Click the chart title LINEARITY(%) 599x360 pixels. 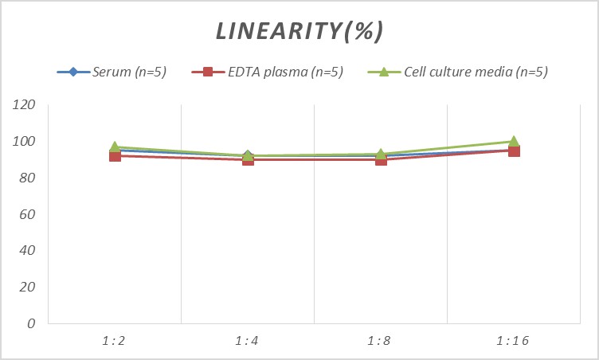pos(299,31)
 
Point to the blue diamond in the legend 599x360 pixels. pos(73,72)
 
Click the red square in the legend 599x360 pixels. pos(208,72)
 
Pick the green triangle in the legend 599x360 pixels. pos(382,72)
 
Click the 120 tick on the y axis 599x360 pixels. pos(25,105)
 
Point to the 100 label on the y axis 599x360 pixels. pos(25,142)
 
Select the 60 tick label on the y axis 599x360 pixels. pos(29,214)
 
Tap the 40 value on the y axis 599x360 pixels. pos(29,251)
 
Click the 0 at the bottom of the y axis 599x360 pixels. pos(32,323)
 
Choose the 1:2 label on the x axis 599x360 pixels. pos(115,341)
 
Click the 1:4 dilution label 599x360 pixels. pos(248,341)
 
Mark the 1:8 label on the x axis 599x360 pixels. pos(381,341)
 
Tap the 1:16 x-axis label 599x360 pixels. pos(514,341)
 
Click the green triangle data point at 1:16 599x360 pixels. pos(514,142)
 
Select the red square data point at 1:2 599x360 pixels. pos(115,156)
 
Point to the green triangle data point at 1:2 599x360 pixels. pos(115,147)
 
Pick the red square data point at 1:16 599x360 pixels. pos(514,151)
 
